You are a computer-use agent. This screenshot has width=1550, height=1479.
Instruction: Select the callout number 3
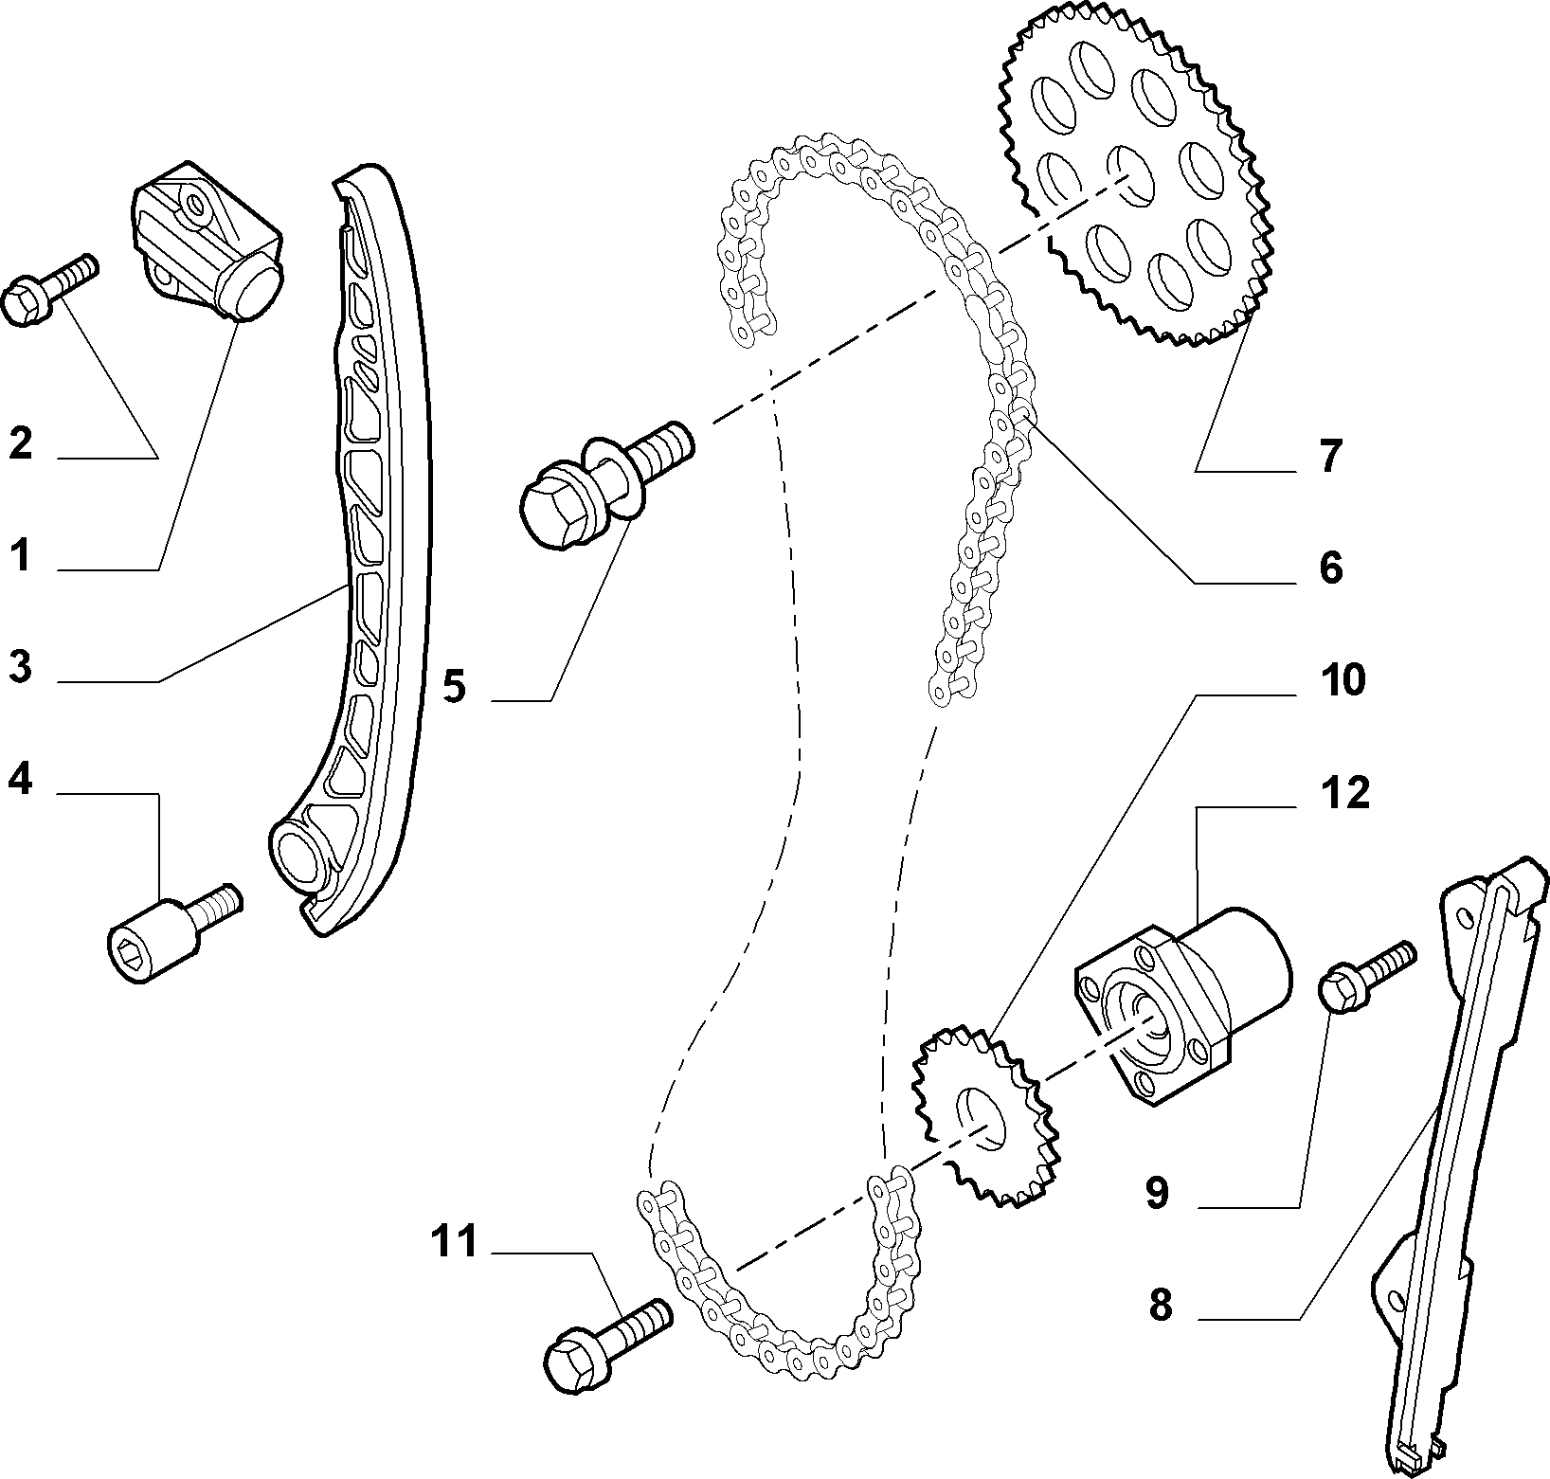pos(20,667)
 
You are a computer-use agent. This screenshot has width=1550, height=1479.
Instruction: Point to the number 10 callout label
pos(1343,680)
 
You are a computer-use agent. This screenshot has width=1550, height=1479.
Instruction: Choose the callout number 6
pos(1330,568)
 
